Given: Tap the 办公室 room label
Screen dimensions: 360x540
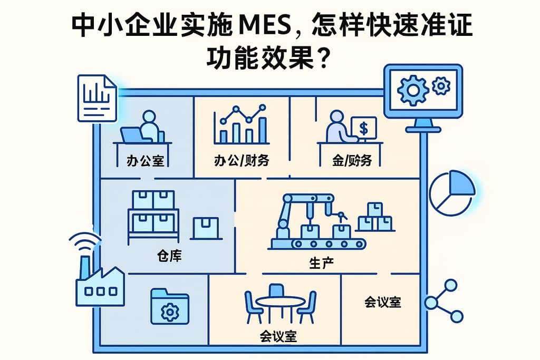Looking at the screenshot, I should pos(145,160).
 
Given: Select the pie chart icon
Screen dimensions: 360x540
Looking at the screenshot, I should pos(452,192).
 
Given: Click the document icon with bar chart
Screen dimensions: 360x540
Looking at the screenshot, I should pos(97,98).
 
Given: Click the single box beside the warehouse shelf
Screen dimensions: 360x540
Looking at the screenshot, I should pos(206,227).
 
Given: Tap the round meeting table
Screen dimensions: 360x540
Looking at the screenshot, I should pos(280,302).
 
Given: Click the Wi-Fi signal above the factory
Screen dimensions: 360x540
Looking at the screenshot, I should pos(85,244).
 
